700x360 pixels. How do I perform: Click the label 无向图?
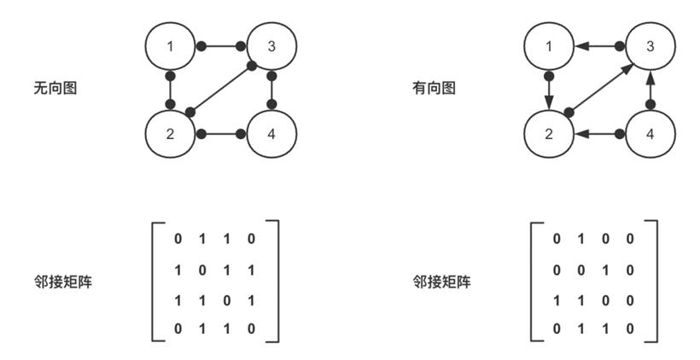click(x=55, y=88)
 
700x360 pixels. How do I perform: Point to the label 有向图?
click(x=434, y=88)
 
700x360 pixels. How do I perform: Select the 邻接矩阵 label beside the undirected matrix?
click(x=63, y=282)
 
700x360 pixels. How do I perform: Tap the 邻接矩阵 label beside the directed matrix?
click(x=441, y=282)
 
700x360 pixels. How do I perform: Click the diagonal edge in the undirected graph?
click(x=221, y=89)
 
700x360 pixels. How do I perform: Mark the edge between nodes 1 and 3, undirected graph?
click(x=221, y=46)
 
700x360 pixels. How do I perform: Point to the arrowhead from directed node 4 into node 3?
click(x=650, y=78)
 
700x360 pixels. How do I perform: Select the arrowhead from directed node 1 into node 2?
click(x=549, y=102)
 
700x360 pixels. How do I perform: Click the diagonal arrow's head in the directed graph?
click(x=627, y=68)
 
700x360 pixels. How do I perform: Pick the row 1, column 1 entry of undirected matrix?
click(x=178, y=239)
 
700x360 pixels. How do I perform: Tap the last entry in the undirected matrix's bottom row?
click(x=251, y=329)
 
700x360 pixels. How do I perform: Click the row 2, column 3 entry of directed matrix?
click(x=605, y=270)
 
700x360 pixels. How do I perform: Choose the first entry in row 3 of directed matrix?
click(x=557, y=301)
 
